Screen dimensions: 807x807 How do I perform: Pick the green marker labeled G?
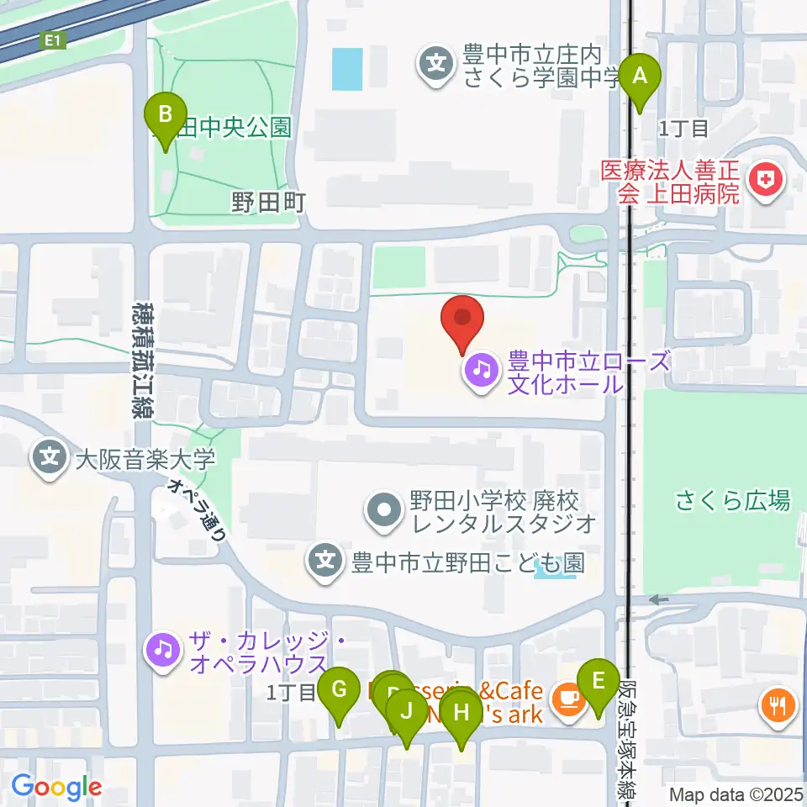tap(339, 689)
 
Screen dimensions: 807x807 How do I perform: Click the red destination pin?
tap(462, 319)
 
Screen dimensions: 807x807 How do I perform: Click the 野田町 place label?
tap(268, 203)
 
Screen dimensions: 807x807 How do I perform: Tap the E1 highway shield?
tap(54, 39)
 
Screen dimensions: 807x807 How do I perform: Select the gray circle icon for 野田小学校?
tap(384, 509)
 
